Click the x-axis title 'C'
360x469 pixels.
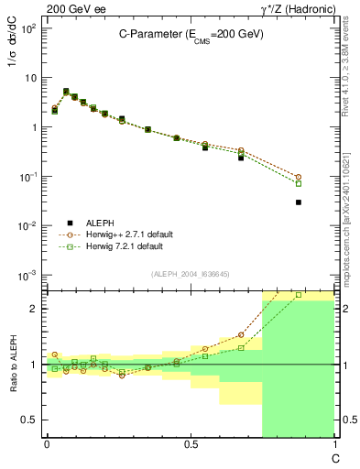tap(335, 457)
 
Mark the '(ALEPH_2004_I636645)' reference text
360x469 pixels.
tap(191, 273)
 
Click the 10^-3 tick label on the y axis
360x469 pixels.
tap(28, 276)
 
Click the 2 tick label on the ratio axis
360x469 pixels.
tap(35, 309)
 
